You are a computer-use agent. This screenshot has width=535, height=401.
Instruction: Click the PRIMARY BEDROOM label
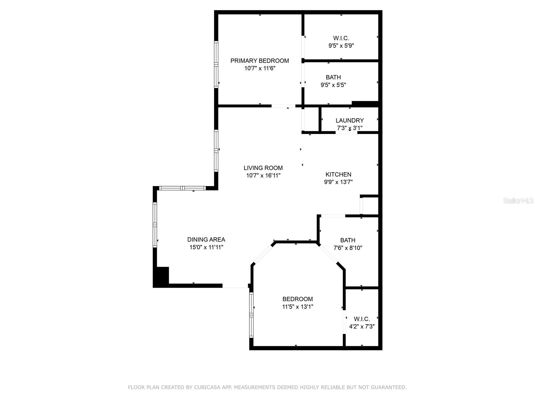click(259, 60)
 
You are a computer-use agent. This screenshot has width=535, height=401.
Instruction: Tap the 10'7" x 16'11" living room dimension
click(263, 175)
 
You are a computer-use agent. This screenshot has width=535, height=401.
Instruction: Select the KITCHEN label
click(338, 174)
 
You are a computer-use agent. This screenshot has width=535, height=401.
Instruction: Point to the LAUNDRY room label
click(349, 120)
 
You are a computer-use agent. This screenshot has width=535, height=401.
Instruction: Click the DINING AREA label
click(206, 240)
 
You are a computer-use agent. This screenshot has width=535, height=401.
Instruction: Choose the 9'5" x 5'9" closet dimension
click(341, 45)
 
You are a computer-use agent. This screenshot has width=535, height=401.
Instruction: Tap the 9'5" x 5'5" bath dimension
click(333, 85)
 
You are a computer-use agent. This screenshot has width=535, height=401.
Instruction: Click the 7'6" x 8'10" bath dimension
click(348, 248)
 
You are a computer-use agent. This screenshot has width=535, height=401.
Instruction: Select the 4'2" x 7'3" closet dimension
click(362, 326)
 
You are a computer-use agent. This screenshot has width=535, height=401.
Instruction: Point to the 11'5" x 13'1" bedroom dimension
click(298, 306)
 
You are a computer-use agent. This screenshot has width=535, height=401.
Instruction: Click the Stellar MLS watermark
click(518, 200)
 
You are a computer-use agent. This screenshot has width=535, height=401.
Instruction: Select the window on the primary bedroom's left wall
click(216, 64)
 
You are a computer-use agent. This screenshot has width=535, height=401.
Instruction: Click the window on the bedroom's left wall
click(251, 315)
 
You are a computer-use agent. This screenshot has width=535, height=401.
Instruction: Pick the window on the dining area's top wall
click(182, 188)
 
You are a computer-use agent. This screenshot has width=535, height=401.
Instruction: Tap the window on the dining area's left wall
click(155, 225)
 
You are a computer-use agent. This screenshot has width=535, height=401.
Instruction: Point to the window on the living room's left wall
click(216, 151)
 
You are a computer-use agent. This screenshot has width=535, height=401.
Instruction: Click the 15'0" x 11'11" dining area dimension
click(206, 247)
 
